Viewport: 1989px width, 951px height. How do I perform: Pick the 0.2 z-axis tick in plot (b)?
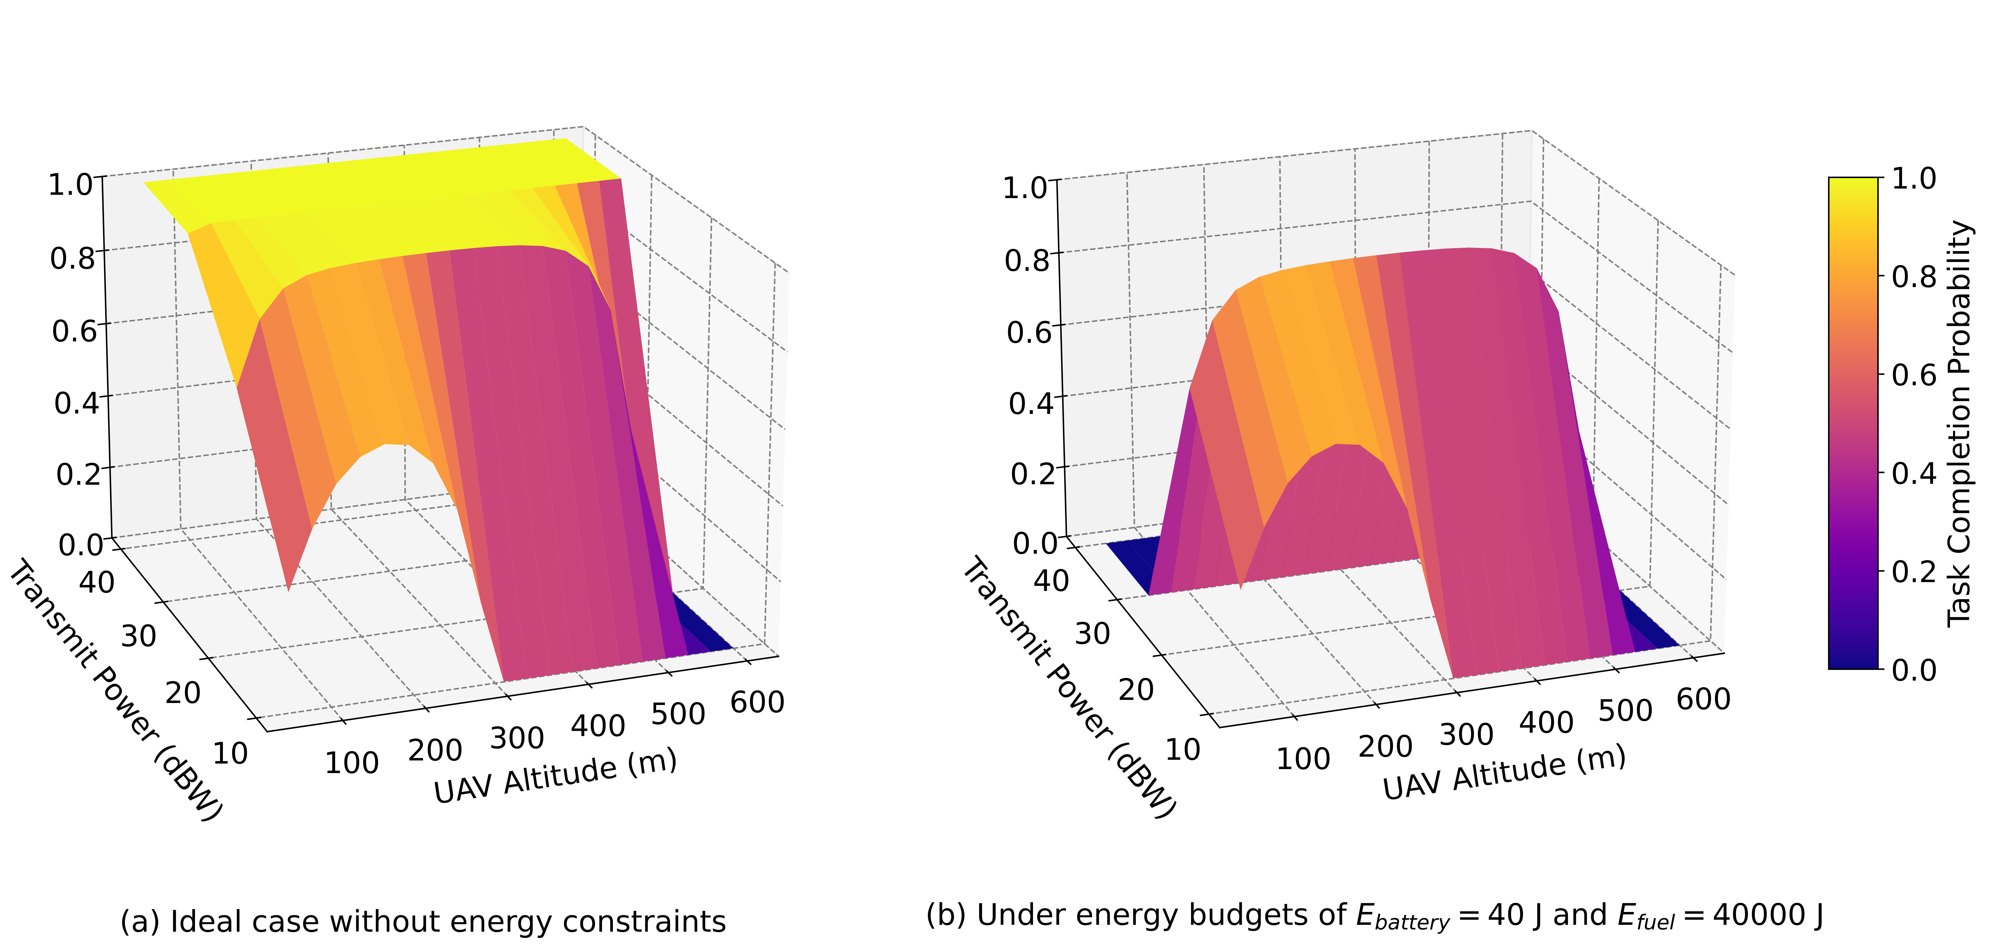click(x=1032, y=473)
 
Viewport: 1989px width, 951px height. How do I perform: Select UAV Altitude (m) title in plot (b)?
click(x=1504, y=773)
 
